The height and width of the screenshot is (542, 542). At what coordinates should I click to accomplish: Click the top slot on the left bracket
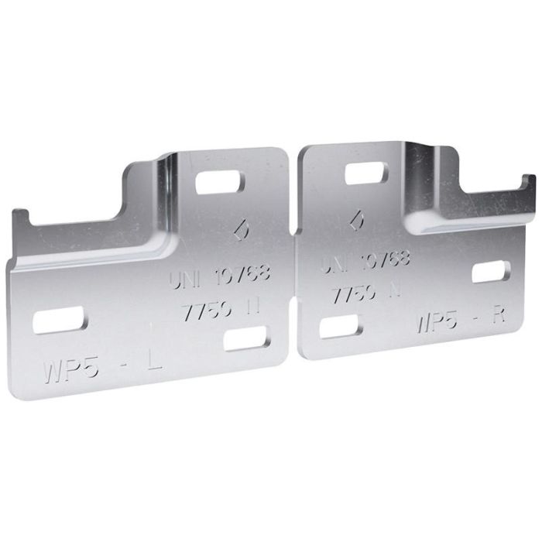click(220, 183)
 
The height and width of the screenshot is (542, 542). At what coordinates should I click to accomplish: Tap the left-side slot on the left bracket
click(59, 320)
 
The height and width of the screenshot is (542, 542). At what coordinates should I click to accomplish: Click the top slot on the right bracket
click(366, 173)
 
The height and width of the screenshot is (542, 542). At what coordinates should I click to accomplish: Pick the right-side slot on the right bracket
click(491, 272)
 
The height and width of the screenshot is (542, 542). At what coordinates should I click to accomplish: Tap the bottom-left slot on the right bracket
click(340, 327)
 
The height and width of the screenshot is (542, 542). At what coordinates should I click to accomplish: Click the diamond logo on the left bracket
click(241, 230)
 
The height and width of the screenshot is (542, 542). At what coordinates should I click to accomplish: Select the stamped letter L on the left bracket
click(154, 359)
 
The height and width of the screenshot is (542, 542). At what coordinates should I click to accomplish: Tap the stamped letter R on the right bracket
click(499, 314)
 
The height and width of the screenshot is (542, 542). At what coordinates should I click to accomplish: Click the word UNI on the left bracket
click(187, 278)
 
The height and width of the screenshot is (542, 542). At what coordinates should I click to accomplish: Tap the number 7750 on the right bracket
click(355, 293)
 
